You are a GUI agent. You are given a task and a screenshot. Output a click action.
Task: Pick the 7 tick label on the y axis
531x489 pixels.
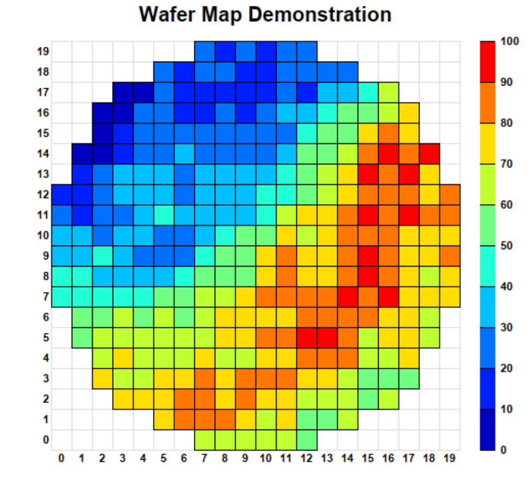point(46,297)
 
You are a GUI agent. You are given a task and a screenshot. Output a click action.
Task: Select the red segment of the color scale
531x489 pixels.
point(487,62)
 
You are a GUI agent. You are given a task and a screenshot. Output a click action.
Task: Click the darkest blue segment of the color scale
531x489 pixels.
point(487,429)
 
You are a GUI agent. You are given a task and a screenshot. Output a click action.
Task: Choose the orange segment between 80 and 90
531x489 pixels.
point(487,103)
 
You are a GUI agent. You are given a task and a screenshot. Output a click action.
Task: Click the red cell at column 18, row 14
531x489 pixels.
point(429,154)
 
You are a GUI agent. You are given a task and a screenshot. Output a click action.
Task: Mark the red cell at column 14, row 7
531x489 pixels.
point(347,297)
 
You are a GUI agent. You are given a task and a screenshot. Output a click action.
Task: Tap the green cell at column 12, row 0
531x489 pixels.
point(306,440)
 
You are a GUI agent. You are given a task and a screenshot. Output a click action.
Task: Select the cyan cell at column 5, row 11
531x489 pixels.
point(164,215)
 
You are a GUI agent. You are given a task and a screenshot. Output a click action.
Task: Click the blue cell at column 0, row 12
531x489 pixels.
point(62,195)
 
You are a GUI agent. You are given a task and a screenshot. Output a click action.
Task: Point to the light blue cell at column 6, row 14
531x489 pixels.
point(184,154)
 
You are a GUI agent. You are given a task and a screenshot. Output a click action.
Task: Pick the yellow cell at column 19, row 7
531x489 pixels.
point(449,297)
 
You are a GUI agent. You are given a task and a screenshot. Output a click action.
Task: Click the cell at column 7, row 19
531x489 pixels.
point(204,52)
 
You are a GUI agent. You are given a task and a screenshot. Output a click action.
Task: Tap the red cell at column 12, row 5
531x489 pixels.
point(306,338)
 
